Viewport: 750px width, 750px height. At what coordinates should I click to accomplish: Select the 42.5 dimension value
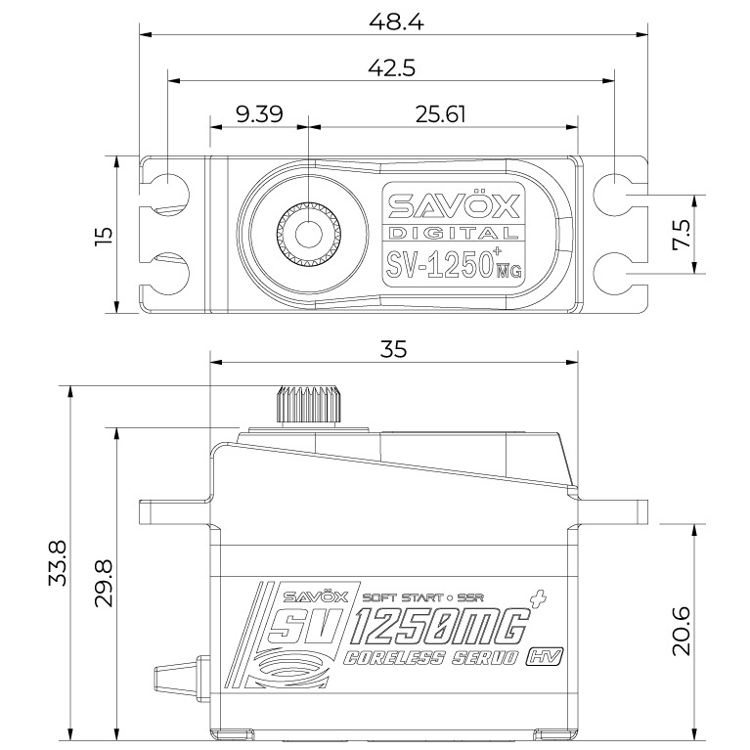(393, 67)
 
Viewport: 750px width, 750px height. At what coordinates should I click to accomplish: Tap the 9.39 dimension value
(259, 113)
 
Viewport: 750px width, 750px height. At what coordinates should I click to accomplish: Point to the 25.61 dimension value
(440, 113)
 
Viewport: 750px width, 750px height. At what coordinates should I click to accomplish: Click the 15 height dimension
(105, 235)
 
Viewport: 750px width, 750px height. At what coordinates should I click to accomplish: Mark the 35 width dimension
(394, 348)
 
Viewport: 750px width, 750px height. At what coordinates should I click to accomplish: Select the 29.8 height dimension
(105, 584)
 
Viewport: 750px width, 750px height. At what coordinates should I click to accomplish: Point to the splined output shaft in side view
(307, 403)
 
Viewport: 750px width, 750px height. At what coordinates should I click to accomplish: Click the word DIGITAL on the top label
(454, 233)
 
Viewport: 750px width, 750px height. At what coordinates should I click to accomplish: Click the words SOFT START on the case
(395, 596)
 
